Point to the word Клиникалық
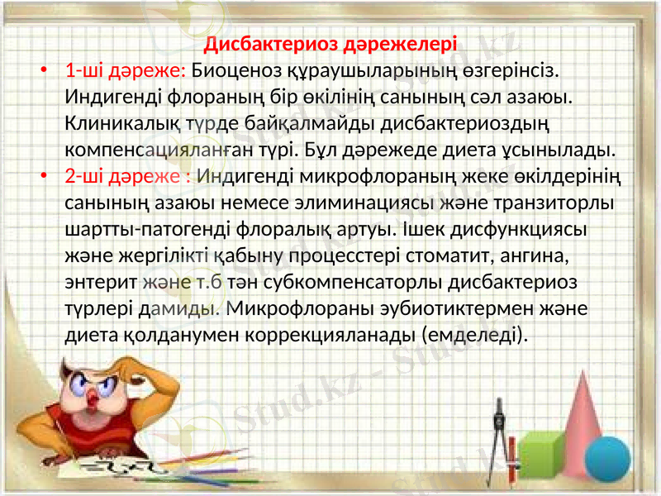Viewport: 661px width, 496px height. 116,124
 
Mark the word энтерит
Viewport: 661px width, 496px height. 100,282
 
